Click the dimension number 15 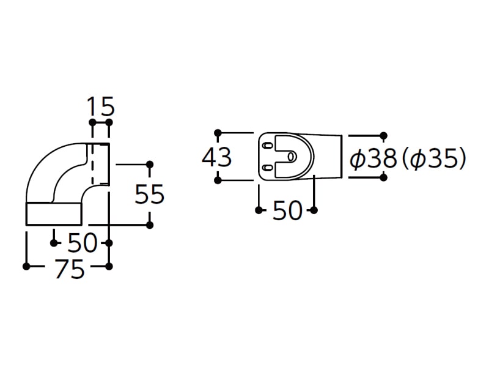point(101,106)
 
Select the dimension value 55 point(149,194)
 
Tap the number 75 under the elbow point(70,269)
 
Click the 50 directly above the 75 point(83,242)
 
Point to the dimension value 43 point(217,157)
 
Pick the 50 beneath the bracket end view point(287,210)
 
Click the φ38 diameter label point(373,158)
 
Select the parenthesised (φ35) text point(434,158)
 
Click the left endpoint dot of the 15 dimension point(93,122)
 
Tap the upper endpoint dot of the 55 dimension point(150,164)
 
